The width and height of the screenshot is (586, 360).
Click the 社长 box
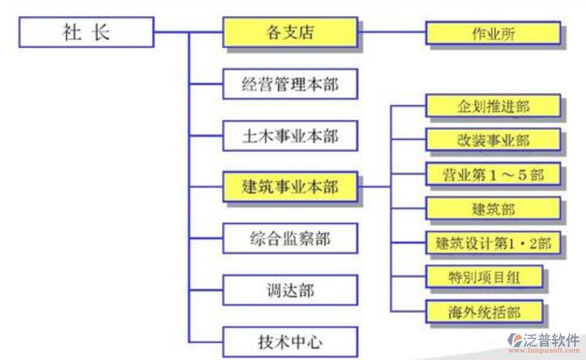pyautogui.click(x=86, y=32)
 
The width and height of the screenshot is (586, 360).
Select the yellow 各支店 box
pyautogui.click(x=290, y=32)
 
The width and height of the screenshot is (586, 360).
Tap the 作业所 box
pyautogui.click(x=493, y=33)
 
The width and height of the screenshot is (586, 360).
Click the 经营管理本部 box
pyautogui.click(x=290, y=84)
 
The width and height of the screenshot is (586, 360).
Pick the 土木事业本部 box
pyautogui.click(x=290, y=136)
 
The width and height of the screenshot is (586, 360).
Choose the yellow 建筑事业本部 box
pyautogui.click(x=290, y=187)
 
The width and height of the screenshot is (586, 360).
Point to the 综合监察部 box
pyautogui.click(x=290, y=239)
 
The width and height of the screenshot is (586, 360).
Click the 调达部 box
pyautogui.click(x=290, y=290)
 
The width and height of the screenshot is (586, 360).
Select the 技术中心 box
pyautogui.click(x=290, y=342)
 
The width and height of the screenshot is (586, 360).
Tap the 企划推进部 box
pyautogui.click(x=493, y=106)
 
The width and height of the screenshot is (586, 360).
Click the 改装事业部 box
pyautogui.click(x=493, y=140)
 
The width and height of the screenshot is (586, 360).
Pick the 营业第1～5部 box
pyautogui.click(x=493, y=175)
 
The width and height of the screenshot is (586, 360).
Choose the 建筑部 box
pyautogui.click(x=493, y=209)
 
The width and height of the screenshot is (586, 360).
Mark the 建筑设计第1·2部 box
pyautogui.click(x=493, y=243)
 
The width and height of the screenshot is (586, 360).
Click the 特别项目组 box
pyautogui.click(x=483, y=277)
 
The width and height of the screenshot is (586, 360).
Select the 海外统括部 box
pyautogui.click(x=483, y=312)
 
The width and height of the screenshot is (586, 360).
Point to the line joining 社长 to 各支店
pyautogui.click(x=188, y=32)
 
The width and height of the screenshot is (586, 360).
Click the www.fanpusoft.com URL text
pyautogui.click(x=544, y=350)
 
